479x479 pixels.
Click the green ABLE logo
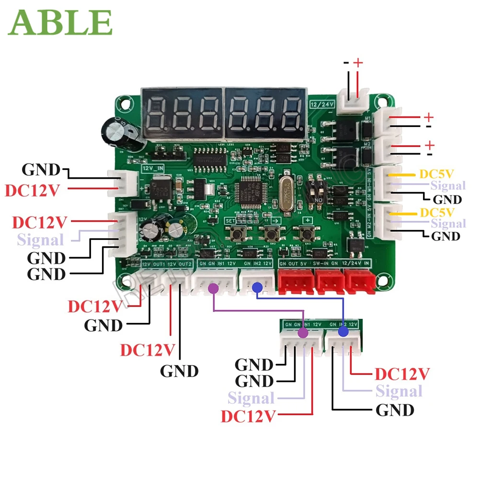60,22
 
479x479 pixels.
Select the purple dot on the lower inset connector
303,333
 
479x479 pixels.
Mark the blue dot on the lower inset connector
343,332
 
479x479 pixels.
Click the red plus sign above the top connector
358,63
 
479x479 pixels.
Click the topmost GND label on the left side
41,169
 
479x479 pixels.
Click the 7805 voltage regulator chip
159,189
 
